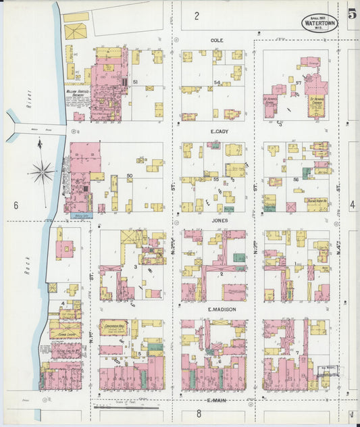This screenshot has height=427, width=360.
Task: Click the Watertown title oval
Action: [320, 21]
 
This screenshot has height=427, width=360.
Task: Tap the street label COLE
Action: [217, 41]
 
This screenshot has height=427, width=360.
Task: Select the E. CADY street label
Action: [217, 130]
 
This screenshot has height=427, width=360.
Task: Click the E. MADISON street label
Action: [217, 310]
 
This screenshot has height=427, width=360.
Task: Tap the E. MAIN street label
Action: [217, 400]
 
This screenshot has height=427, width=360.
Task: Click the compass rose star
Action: [43, 172]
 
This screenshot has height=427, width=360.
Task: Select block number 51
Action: [136, 82]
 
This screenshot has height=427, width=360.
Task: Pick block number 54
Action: [217, 82]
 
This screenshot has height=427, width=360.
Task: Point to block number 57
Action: [298, 82]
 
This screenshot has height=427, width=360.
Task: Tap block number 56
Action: [296, 180]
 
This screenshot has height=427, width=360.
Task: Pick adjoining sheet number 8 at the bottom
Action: [199, 413]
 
